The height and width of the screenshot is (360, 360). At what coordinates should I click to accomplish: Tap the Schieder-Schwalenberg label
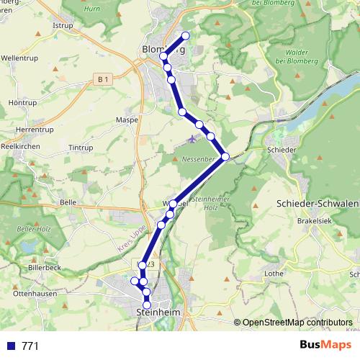(x=318, y=204)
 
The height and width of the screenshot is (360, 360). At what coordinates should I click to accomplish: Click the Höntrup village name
(x=22, y=104)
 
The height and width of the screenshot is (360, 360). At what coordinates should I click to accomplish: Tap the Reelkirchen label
(x=20, y=145)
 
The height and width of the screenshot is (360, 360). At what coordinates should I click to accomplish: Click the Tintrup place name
(x=81, y=148)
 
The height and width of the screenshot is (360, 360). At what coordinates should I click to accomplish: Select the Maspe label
(x=127, y=120)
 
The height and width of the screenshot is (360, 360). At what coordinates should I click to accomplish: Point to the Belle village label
(x=68, y=203)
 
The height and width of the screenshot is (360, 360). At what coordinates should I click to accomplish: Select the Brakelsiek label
(x=313, y=222)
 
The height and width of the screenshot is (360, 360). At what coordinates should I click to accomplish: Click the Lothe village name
(x=274, y=274)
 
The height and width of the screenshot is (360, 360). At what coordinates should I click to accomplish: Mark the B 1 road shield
(x=104, y=78)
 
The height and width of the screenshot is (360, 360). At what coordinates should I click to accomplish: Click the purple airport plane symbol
(x=192, y=138)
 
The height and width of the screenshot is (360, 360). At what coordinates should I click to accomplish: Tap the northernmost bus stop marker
(x=186, y=35)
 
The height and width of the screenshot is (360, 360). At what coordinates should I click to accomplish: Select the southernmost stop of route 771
(x=148, y=303)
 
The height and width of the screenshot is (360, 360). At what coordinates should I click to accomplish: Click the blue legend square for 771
(x=11, y=346)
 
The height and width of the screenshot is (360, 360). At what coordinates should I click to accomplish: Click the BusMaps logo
(x=325, y=345)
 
